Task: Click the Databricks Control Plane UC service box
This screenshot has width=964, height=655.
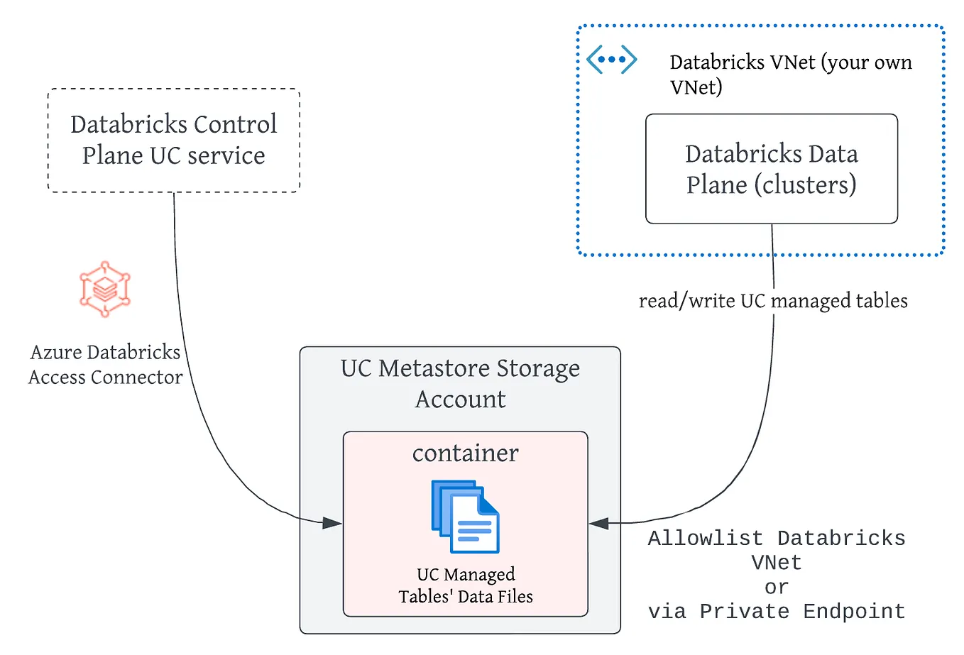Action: (173, 140)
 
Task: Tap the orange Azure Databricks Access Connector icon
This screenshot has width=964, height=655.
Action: (105, 289)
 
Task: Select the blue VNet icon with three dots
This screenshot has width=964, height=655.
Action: (611, 60)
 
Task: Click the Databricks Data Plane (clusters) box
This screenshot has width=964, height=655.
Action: (771, 169)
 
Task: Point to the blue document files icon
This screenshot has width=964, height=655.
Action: (465, 517)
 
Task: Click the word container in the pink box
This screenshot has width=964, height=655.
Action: (465, 453)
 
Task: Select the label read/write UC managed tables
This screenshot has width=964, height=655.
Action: (772, 301)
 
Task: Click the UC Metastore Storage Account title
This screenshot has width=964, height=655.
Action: (460, 383)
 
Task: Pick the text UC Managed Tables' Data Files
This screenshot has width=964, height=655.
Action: (466, 585)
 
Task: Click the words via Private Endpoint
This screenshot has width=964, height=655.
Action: (776, 612)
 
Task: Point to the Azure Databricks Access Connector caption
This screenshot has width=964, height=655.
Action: (105, 365)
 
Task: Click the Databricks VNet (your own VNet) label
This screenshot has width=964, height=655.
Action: (790, 74)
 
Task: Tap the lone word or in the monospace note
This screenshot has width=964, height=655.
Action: (776, 588)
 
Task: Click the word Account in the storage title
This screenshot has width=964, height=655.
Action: (460, 400)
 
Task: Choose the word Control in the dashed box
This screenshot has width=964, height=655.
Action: (235, 124)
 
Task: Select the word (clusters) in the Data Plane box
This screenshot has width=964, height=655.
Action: (805, 185)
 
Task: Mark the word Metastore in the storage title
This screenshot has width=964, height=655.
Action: (434, 368)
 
